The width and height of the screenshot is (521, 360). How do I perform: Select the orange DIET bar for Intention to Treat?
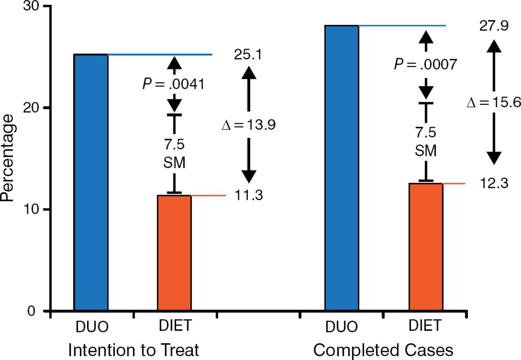174,253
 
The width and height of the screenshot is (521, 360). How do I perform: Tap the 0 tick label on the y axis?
37,311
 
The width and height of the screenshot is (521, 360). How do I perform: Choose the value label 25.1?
247,55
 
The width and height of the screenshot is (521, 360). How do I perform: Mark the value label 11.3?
248,196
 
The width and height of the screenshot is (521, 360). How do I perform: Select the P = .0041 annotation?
173,84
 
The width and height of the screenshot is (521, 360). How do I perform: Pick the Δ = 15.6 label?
494,102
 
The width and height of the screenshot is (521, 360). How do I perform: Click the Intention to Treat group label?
134,349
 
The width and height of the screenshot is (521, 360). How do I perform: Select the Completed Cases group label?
383,349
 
